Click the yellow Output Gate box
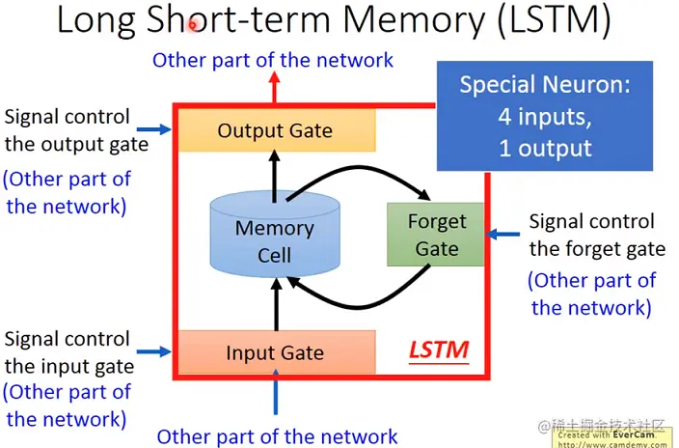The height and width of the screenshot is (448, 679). pos(275,130)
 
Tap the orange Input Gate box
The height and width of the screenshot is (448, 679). pos(275,351)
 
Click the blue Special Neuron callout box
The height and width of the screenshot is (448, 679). pos(545,116)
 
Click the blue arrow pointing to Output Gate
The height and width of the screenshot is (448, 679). pos(151,127)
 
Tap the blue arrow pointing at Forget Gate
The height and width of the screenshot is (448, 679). pos(505,233)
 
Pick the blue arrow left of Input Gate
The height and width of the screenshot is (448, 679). pos(152,351)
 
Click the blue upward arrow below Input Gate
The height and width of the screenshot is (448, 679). pos(275,401)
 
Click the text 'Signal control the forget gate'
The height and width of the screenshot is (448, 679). pos(596,236)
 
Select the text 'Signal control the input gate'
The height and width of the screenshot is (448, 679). pos(67,352)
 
